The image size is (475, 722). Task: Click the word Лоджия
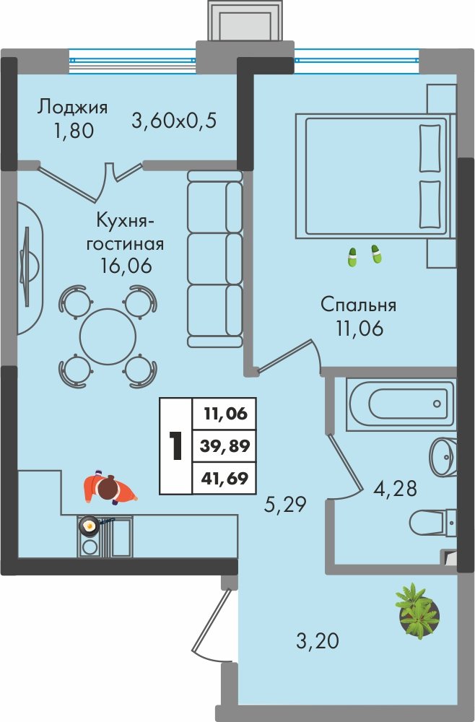tap(72, 108)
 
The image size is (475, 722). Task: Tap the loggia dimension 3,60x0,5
tap(174, 121)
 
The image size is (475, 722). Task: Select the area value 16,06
tap(126, 266)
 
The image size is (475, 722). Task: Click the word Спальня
tap(358, 305)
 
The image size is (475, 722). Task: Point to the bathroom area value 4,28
tap(395, 488)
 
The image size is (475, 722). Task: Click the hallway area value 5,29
tap(285, 505)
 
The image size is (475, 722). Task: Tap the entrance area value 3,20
tap(317, 640)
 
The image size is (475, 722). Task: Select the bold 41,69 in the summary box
tap(225, 479)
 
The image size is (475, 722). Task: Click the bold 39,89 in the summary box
tap(225, 445)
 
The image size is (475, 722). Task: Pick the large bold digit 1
tap(175, 445)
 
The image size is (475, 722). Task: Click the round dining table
tap(108, 336)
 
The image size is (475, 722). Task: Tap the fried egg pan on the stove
tap(89, 525)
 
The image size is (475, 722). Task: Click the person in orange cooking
tap(109, 489)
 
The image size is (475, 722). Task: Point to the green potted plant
tap(417, 611)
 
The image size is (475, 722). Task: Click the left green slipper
tap(352, 257)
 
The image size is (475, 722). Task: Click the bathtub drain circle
tap(437, 404)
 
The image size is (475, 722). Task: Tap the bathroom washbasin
tap(443, 457)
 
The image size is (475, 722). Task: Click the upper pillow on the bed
tap(430, 147)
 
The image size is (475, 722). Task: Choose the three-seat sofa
tap(214, 258)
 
